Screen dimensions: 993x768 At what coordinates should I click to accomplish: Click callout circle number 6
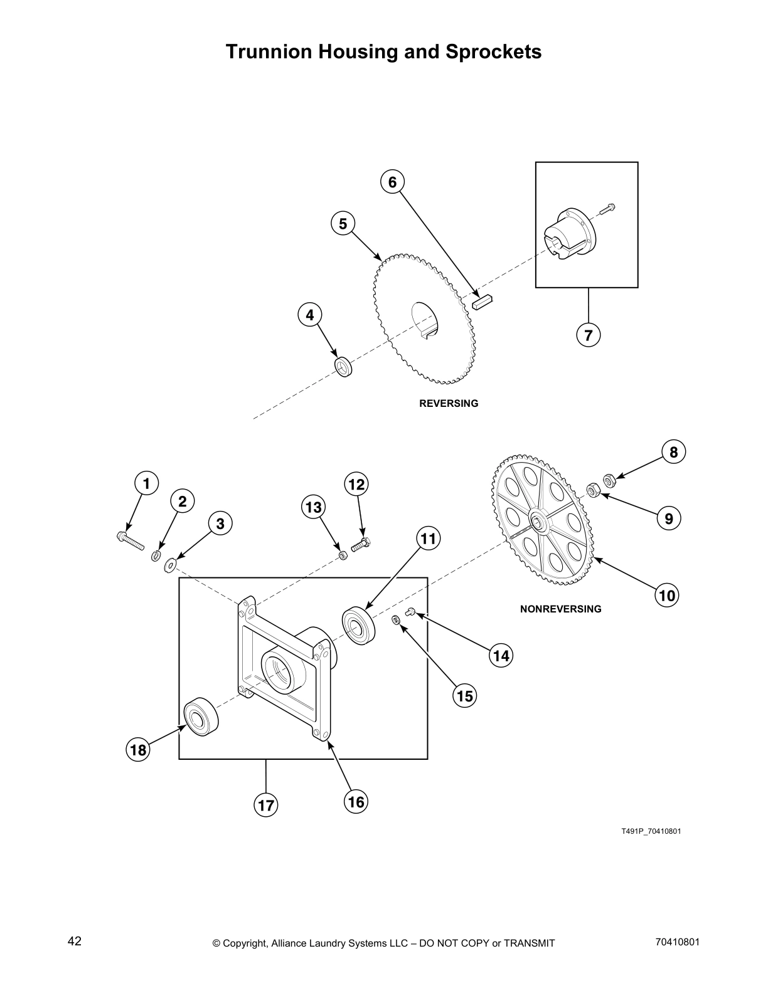point(392,182)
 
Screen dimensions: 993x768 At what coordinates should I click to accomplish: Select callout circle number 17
point(266,805)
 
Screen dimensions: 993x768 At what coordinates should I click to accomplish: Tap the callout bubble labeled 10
point(667,595)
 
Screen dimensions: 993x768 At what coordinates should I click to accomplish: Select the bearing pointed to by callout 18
point(200,716)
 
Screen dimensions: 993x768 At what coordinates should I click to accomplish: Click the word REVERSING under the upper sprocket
point(448,404)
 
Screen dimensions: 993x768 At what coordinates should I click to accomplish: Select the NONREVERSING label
point(560,609)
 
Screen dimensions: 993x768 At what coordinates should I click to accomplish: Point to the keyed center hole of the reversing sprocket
point(426,320)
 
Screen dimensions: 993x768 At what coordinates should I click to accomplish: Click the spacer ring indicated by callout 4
point(343,367)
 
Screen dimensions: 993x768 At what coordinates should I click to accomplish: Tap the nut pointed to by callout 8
point(608,481)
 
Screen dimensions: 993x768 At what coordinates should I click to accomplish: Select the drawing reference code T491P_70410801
point(651,831)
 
